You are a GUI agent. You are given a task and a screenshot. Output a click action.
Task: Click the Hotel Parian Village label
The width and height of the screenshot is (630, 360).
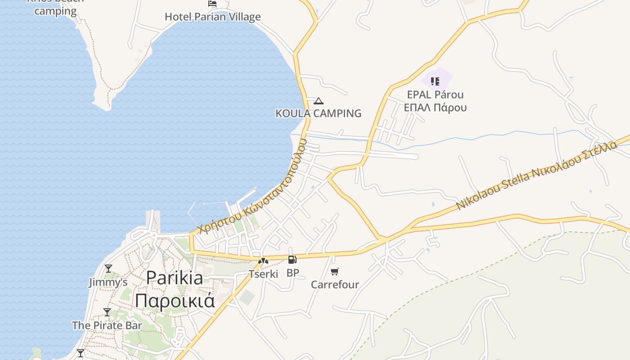[x=212, y=17]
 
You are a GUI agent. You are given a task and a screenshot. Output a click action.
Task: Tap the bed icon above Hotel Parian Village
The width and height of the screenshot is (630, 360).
[x=212, y=3]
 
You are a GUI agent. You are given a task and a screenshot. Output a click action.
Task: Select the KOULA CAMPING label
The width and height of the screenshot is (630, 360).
[x=318, y=113]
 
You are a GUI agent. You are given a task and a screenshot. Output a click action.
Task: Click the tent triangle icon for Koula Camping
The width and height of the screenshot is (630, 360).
[x=319, y=101]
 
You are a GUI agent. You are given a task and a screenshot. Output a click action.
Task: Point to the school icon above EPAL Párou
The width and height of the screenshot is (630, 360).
[x=435, y=81]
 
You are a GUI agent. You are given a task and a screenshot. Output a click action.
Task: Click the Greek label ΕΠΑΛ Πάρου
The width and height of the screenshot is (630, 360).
[x=435, y=108]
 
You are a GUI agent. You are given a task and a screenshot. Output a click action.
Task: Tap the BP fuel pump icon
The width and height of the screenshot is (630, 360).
[x=292, y=260]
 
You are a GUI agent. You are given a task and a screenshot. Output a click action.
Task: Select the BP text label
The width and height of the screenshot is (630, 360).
[x=292, y=273]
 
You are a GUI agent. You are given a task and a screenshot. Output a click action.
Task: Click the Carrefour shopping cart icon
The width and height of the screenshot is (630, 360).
[x=334, y=271]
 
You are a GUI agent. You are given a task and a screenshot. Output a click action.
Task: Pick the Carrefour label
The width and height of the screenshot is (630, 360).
[x=335, y=284]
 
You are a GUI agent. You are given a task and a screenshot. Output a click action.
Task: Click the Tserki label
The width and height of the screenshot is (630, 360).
[x=263, y=274]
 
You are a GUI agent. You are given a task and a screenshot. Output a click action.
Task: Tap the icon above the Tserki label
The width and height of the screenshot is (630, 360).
[x=263, y=261]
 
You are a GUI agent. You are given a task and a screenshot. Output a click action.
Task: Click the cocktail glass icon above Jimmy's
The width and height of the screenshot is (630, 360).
[x=108, y=269]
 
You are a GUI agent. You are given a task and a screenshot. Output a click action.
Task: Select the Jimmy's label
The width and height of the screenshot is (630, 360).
[x=108, y=282]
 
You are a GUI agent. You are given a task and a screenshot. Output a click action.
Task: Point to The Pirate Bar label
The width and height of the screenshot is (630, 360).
[x=107, y=325]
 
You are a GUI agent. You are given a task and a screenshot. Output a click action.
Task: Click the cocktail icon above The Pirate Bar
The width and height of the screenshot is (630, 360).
[x=107, y=312]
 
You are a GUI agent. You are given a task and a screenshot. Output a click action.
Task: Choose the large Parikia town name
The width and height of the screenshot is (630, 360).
[x=175, y=278]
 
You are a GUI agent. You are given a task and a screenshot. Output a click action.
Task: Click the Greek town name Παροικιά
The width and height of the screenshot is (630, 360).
[x=175, y=301]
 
